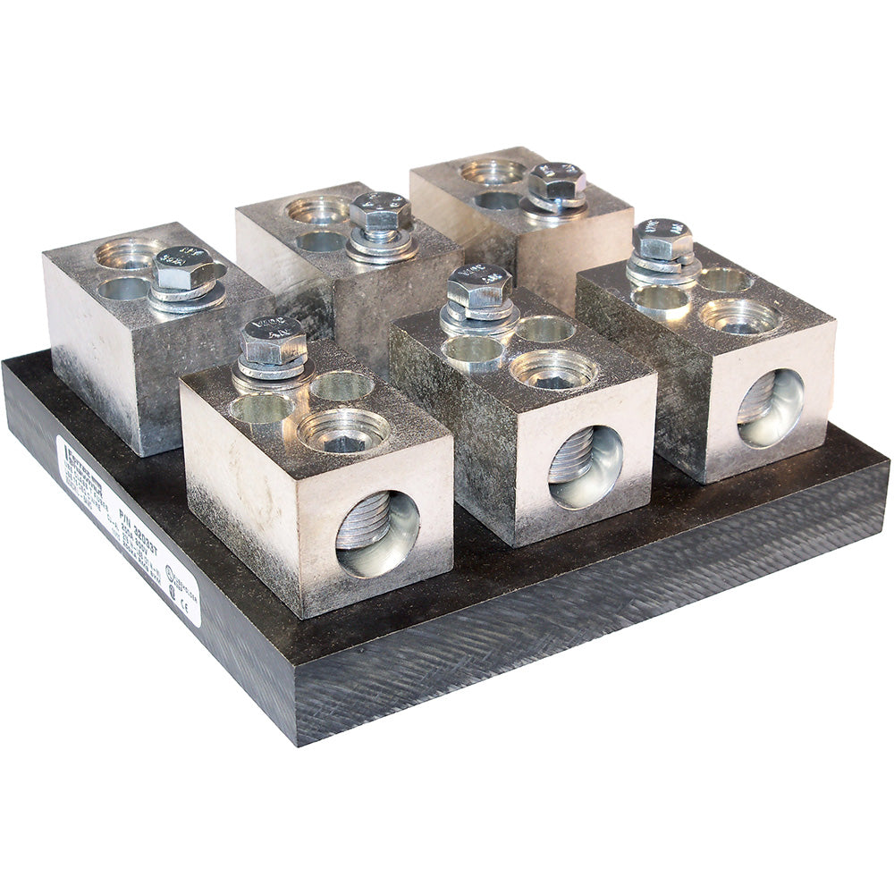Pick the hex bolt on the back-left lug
pos(185,267)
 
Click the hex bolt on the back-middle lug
pos(380,212)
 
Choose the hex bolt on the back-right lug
pos(556,181)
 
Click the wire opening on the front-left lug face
pos(377,534)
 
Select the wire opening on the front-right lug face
pos(771,408)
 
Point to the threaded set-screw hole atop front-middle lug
pos(553,369)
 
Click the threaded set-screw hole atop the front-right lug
pos(740,316)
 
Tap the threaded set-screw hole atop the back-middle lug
pos(317,211)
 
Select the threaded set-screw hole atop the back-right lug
pos(493,171)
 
